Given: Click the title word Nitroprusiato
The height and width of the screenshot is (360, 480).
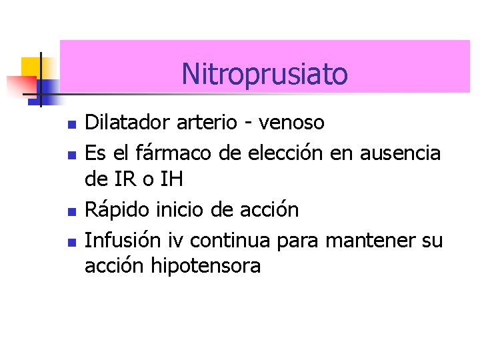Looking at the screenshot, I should click(265, 74).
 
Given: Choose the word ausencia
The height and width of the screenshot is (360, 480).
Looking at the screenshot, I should click(400, 153).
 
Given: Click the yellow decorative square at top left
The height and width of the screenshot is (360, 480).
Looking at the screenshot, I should click(31, 67).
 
